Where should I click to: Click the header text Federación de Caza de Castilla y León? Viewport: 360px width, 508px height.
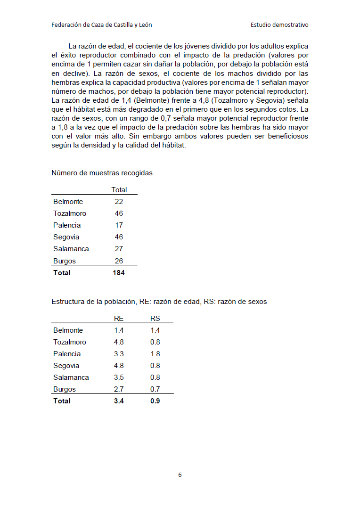[x=101, y=25]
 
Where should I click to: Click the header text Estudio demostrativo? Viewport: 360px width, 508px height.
[x=279, y=25]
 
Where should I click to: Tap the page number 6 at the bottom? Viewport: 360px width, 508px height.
[x=180, y=475]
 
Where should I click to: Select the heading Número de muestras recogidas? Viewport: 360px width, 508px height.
[x=102, y=173]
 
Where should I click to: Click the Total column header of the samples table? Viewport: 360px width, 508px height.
[x=119, y=190]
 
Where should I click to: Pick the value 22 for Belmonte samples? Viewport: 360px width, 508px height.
[x=119, y=202]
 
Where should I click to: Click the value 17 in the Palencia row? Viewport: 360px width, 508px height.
[x=119, y=225]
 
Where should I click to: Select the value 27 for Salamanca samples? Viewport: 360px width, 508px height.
[x=119, y=249]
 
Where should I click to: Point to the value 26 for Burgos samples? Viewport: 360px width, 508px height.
[x=119, y=261]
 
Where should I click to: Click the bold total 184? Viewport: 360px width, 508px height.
[x=119, y=273]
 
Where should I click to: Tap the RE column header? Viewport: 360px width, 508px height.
[x=119, y=319]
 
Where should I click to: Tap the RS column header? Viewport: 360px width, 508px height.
[x=155, y=319]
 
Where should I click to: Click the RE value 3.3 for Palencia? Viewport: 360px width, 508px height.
[x=119, y=354]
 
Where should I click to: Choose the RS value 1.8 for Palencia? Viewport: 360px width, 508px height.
[x=155, y=354]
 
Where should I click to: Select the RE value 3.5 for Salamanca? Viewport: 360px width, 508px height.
[x=119, y=377]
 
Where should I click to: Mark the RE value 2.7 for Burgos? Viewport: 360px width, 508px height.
[x=119, y=389]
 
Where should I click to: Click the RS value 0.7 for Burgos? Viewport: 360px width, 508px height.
[x=155, y=389]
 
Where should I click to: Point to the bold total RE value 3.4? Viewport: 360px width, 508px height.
[x=119, y=401]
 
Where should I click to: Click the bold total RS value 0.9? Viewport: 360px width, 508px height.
[x=155, y=401]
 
